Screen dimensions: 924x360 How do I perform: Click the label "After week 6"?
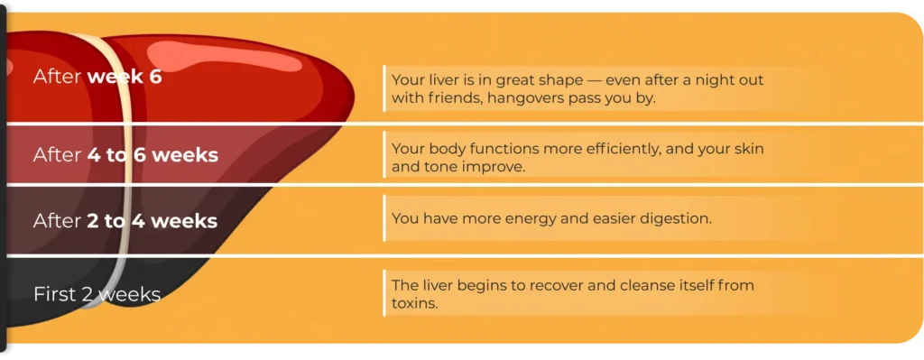[97, 77]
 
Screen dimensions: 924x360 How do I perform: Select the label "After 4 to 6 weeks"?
[125, 155]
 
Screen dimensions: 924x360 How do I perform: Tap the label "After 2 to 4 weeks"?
[125, 221]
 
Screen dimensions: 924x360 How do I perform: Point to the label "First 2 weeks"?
[97, 294]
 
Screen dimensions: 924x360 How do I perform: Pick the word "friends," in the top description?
[448, 97]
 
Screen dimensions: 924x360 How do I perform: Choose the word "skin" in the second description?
[749, 148]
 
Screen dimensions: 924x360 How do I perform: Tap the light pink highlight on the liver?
[224, 57]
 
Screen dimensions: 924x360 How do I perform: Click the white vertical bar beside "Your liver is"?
[384, 88]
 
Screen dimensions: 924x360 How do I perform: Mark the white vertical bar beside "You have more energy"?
[384, 218]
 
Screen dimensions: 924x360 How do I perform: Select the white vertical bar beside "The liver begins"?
[384, 293]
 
